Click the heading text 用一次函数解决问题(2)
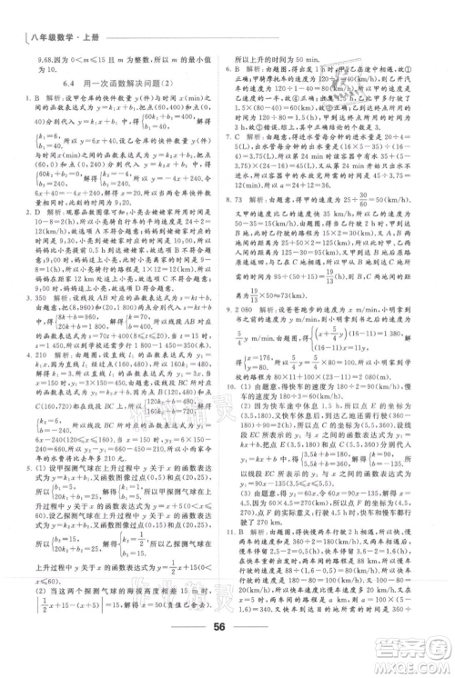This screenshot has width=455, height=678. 137,84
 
